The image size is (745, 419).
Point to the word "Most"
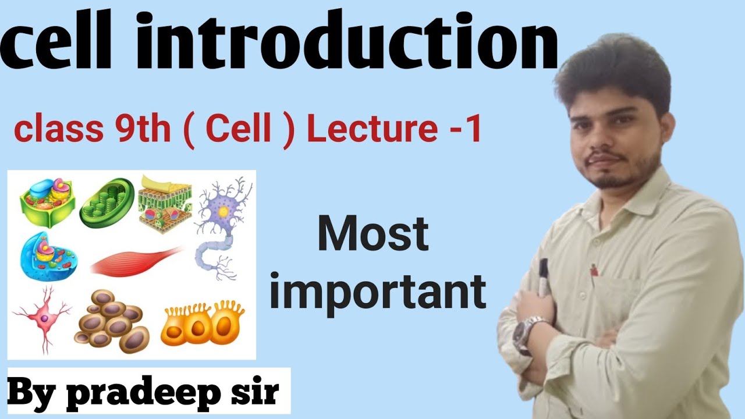[x=372, y=236]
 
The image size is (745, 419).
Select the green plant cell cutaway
[x=47, y=201]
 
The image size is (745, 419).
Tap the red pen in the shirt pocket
[x=594, y=271]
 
